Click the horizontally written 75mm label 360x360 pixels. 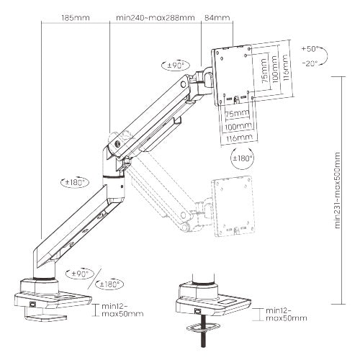[233, 113]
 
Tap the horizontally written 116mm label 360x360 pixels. [236, 136]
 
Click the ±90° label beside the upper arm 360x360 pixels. [175, 64]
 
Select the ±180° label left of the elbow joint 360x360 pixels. [74, 182]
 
